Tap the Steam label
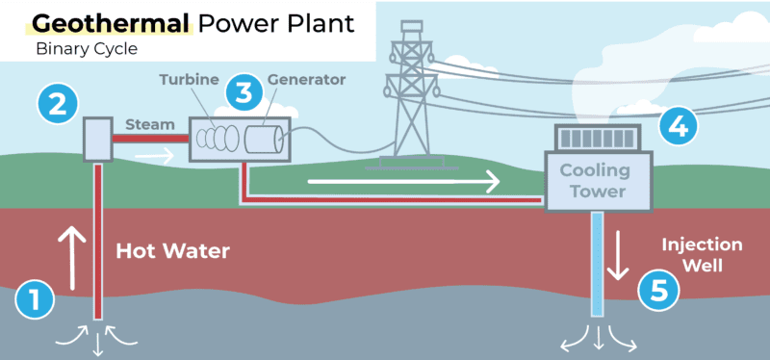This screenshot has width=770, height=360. click(x=148, y=123)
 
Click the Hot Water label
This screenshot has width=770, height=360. click(x=173, y=252)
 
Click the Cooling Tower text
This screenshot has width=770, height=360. click(x=597, y=182)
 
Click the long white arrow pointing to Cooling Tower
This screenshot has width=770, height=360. click(x=404, y=180)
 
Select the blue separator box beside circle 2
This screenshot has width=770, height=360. click(x=97, y=140)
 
